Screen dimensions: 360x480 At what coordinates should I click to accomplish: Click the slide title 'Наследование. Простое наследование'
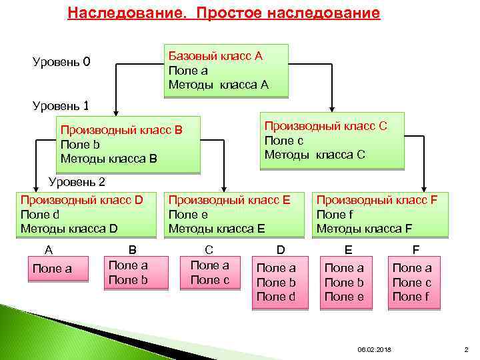point(224,13)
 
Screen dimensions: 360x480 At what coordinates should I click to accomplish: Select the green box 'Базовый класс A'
point(225,71)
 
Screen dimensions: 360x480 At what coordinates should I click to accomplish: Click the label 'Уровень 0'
point(61,63)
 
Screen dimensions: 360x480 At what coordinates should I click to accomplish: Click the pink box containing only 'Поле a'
point(57,269)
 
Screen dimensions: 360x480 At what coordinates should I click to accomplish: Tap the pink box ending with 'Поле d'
point(275,282)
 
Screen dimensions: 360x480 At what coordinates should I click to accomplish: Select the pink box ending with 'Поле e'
point(344,282)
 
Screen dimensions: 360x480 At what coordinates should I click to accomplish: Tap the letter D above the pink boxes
point(280,250)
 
